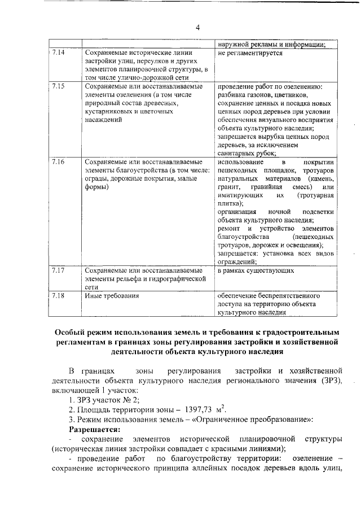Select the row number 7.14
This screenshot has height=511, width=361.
(x=58, y=54)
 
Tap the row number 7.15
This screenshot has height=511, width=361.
(x=58, y=86)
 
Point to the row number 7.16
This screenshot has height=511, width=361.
(x=58, y=162)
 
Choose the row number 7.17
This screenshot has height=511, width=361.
(x=58, y=270)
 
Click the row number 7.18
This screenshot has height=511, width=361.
(x=58, y=295)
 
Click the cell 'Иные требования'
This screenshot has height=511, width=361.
(x=112, y=295)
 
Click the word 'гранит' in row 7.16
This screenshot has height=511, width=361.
(x=230, y=186)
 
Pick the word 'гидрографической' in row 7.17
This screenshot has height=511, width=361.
(x=170, y=278)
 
